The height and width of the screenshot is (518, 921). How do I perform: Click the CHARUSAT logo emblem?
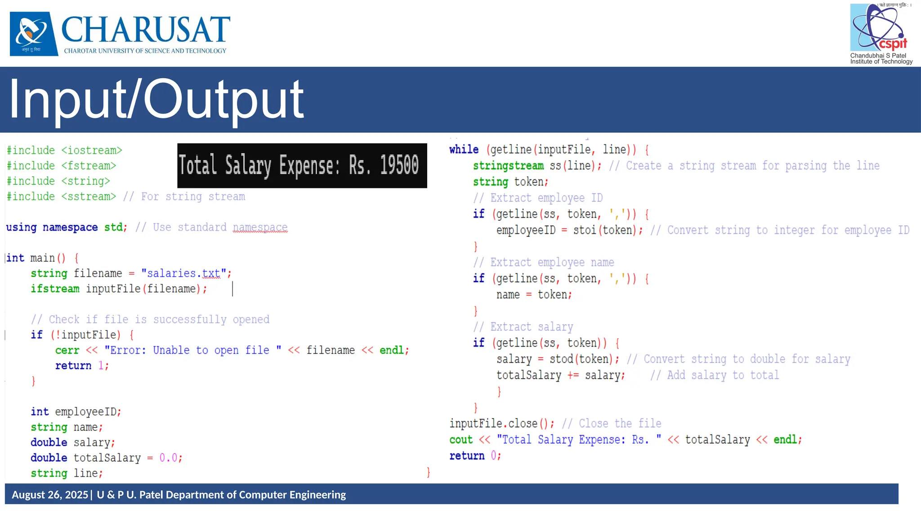click(34, 34)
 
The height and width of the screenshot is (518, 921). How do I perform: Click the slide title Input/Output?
click(156, 99)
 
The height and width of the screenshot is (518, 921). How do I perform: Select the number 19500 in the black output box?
click(399, 165)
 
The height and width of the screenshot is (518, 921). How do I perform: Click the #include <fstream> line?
click(62, 166)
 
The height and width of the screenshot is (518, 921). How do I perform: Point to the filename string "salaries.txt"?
click(184, 273)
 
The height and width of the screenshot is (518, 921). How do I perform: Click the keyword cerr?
click(67, 350)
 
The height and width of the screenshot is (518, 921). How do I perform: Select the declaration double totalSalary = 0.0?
click(107, 458)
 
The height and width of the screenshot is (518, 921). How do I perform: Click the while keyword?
click(464, 150)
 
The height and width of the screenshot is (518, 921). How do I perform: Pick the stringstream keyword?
click(508, 166)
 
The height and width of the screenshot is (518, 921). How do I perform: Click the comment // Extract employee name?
click(543, 263)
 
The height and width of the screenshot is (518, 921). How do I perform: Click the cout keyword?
click(461, 440)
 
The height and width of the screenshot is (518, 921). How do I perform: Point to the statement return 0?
click(475, 456)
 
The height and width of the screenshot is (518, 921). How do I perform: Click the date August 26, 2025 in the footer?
click(50, 495)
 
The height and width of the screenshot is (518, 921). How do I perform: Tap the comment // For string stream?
click(184, 197)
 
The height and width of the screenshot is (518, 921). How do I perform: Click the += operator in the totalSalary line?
click(573, 375)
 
